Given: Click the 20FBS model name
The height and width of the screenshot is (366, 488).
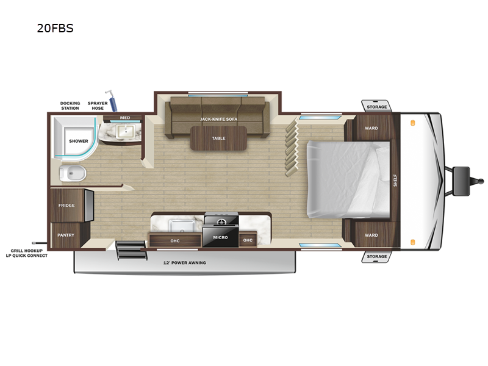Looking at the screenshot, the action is click(55, 28).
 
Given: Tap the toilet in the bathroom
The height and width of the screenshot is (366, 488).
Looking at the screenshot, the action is click(73, 173).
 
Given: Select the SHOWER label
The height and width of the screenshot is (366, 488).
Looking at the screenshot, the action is click(79, 141).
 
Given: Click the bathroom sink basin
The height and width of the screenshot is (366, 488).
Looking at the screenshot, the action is click(126, 131).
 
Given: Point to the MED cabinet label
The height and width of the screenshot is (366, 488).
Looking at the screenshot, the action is click(125, 118).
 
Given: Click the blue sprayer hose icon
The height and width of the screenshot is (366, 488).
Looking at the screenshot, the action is click(112, 101).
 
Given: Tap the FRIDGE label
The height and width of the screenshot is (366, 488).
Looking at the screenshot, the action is click(66, 206).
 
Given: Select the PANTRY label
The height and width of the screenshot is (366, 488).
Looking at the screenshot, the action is click(66, 235).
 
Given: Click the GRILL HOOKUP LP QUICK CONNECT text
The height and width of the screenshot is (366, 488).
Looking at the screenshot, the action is click(27, 253).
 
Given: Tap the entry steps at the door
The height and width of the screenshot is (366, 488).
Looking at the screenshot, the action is click(131, 250).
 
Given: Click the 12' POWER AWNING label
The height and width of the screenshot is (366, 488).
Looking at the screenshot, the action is click(185, 263).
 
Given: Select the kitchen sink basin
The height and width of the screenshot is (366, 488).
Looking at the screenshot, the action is click(182, 226).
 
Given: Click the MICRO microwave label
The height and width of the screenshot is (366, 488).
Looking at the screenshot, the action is click(220, 237).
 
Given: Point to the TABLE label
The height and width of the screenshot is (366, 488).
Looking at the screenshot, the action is click(218, 138).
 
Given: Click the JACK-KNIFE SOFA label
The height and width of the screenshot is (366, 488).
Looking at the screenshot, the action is click(219, 119).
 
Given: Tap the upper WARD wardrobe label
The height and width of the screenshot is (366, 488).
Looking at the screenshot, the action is click(371, 128).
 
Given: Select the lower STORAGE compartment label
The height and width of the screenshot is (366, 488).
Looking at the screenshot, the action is click(376, 256).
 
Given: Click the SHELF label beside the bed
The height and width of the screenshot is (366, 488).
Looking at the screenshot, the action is click(395, 180).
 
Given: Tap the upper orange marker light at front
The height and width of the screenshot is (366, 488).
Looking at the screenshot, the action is click(413, 123).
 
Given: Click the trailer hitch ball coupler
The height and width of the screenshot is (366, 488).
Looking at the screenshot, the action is click(481, 181).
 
